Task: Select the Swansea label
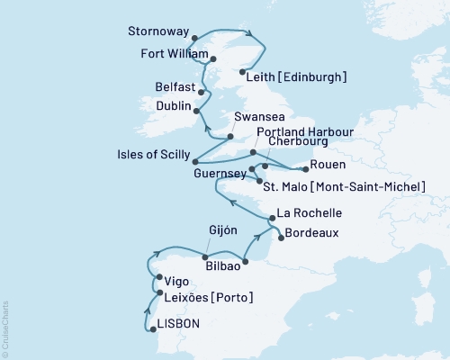click(x=256, y=118)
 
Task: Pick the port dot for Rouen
click(x=302, y=166)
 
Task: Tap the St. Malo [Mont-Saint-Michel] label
click(x=343, y=185)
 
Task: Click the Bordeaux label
click(x=316, y=238)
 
